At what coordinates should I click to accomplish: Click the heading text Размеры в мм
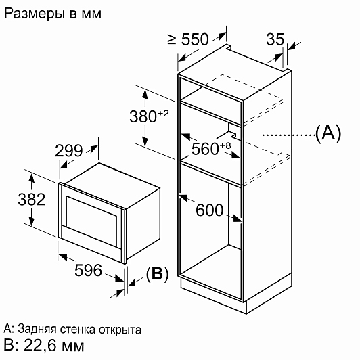coord(53,14)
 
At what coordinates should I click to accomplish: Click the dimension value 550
coord(195,39)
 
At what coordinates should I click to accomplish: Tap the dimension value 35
coord(275,39)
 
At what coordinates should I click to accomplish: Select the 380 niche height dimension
coord(143,116)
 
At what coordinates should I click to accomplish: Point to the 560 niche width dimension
coord(205,149)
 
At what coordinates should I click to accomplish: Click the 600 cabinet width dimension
coord(209,210)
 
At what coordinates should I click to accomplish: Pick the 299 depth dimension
coord(68,151)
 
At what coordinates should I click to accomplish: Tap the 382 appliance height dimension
coord(31,199)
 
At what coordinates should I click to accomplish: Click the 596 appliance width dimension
coord(88,270)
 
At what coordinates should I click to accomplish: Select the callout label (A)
coord(328,133)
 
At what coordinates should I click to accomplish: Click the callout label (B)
coord(157,273)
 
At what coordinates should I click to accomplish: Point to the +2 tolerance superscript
coord(163,113)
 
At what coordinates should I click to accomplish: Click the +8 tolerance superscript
coord(225,145)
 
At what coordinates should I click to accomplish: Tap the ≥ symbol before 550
coord(172,39)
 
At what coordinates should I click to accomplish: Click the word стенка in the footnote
coord(78,330)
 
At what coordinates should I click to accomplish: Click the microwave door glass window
coord(91,222)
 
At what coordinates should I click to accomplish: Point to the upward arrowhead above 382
coord(31,178)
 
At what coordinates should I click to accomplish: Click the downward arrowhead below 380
coord(145,141)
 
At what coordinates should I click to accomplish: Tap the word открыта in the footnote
coord(120,330)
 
